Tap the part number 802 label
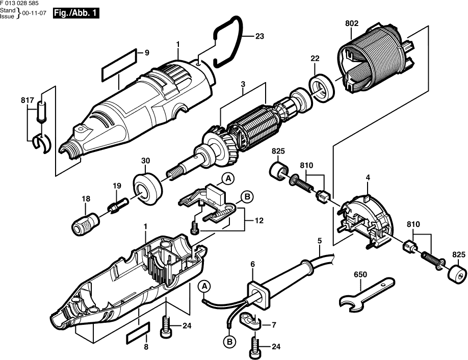click(x=351, y=22)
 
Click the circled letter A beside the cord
click(x=204, y=286)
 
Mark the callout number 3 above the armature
click(x=243, y=83)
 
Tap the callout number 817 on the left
click(x=27, y=100)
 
